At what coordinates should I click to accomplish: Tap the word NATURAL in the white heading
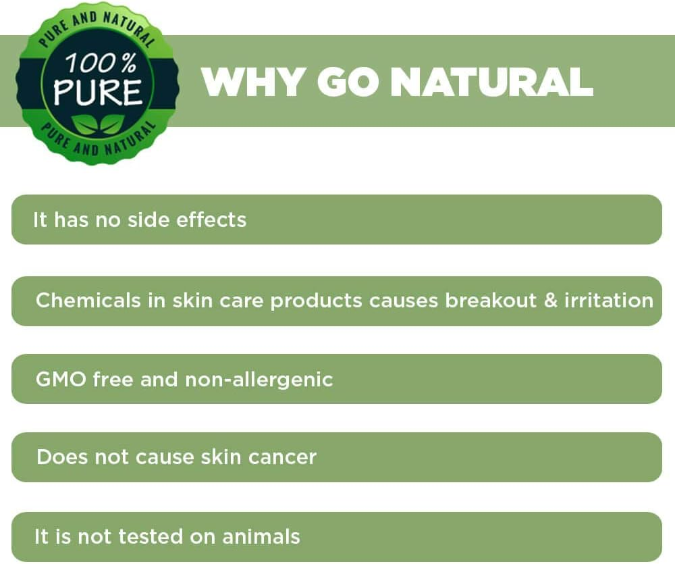coord(491,82)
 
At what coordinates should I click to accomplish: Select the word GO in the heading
coord(348,82)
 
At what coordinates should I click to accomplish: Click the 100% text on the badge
coord(101,63)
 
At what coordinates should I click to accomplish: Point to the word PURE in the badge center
coord(98,92)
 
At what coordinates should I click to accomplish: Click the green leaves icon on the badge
coord(98,124)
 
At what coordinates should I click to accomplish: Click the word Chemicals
coord(88,301)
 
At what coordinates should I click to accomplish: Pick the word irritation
coord(609,301)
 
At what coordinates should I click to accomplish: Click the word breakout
coord(491,301)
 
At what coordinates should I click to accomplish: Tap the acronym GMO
coord(61,380)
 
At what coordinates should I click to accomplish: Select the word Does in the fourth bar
coord(62,457)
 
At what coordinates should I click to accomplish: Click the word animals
coord(261,537)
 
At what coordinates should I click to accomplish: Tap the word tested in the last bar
coord(151,537)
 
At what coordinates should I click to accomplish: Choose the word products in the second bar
coord(317,301)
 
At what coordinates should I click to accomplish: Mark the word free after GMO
coord(113,380)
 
